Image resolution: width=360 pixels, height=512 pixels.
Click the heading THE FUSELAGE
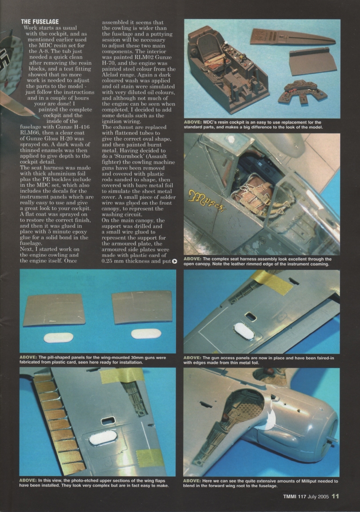[40, 21]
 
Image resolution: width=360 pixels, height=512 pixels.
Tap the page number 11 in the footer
[335, 496]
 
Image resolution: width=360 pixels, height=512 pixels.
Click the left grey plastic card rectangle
[54, 310]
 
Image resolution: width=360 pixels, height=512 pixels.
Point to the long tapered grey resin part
[291, 37]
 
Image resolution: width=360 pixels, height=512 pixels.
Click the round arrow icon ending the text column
[174, 261]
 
